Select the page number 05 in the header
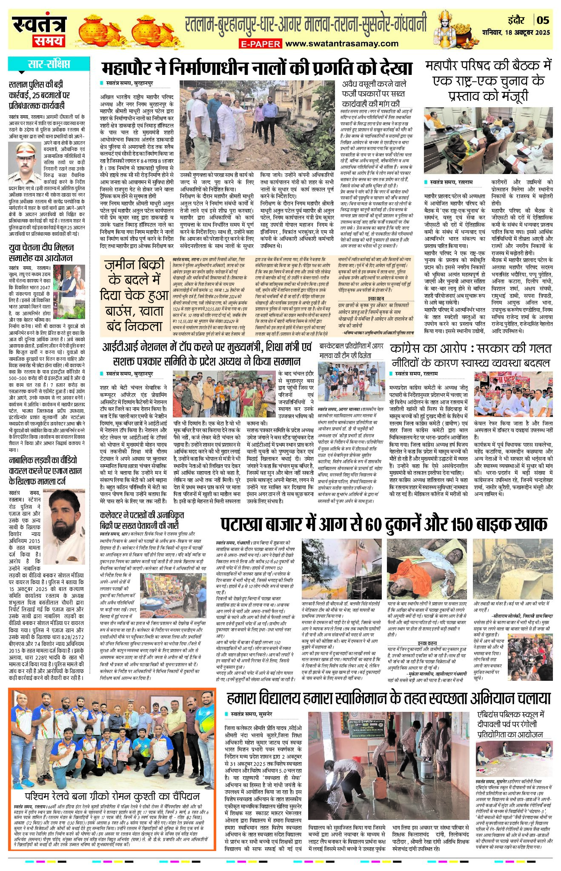click(x=544, y=20)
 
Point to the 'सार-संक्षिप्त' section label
click(x=49, y=65)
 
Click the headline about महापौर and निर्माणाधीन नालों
click(x=257, y=69)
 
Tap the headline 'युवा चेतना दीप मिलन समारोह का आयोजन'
click(x=41, y=253)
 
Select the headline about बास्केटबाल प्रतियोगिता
click(x=351, y=350)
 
